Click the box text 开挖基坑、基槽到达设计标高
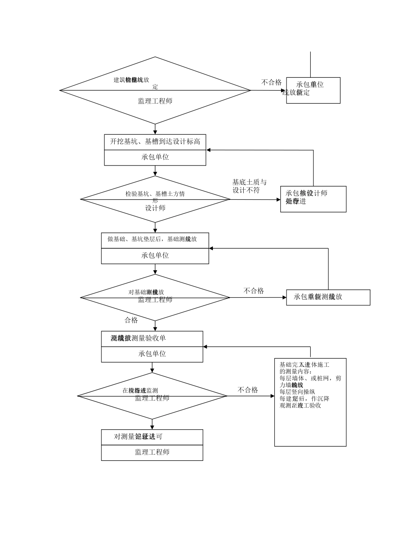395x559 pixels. [x=155, y=142]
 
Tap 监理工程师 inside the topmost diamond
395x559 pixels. [x=155, y=101]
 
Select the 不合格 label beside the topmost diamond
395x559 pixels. [x=271, y=82]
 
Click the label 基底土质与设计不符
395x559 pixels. [x=249, y=186]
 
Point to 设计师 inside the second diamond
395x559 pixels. [x=155, y=208]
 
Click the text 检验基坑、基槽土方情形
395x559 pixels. [x=155, y=194]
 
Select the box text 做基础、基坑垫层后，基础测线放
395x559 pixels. [x=152, y=239]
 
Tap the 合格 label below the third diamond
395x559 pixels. [x=131, y=320]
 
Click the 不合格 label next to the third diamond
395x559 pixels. [x=254, y=291]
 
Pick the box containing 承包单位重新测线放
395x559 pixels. [x=328, y=297]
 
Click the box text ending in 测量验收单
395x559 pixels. [x=138, y=338]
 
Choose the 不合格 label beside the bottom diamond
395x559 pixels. [x=248, y=390]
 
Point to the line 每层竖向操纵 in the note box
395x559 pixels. [x=297, y=392]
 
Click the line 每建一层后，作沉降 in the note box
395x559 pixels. [x=304, y=398]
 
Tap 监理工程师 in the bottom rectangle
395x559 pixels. [x=152, y=452]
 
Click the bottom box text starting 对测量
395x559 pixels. [x=138, y=437]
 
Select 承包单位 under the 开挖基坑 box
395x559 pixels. [x=155, y=157]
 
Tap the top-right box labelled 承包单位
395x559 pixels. [x=313, y=90]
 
